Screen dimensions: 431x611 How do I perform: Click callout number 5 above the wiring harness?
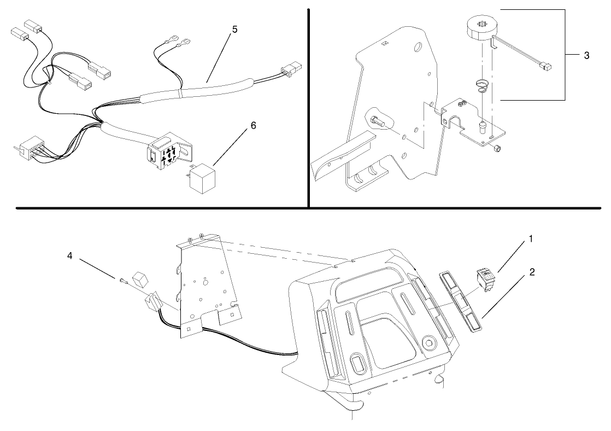234,29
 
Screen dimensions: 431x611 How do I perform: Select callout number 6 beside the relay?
253,125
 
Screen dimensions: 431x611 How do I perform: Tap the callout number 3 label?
586,55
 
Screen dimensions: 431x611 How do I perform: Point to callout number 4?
69,255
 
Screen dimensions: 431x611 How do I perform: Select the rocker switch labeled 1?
487,278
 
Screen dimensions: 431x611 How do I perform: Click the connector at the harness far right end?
291,69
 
